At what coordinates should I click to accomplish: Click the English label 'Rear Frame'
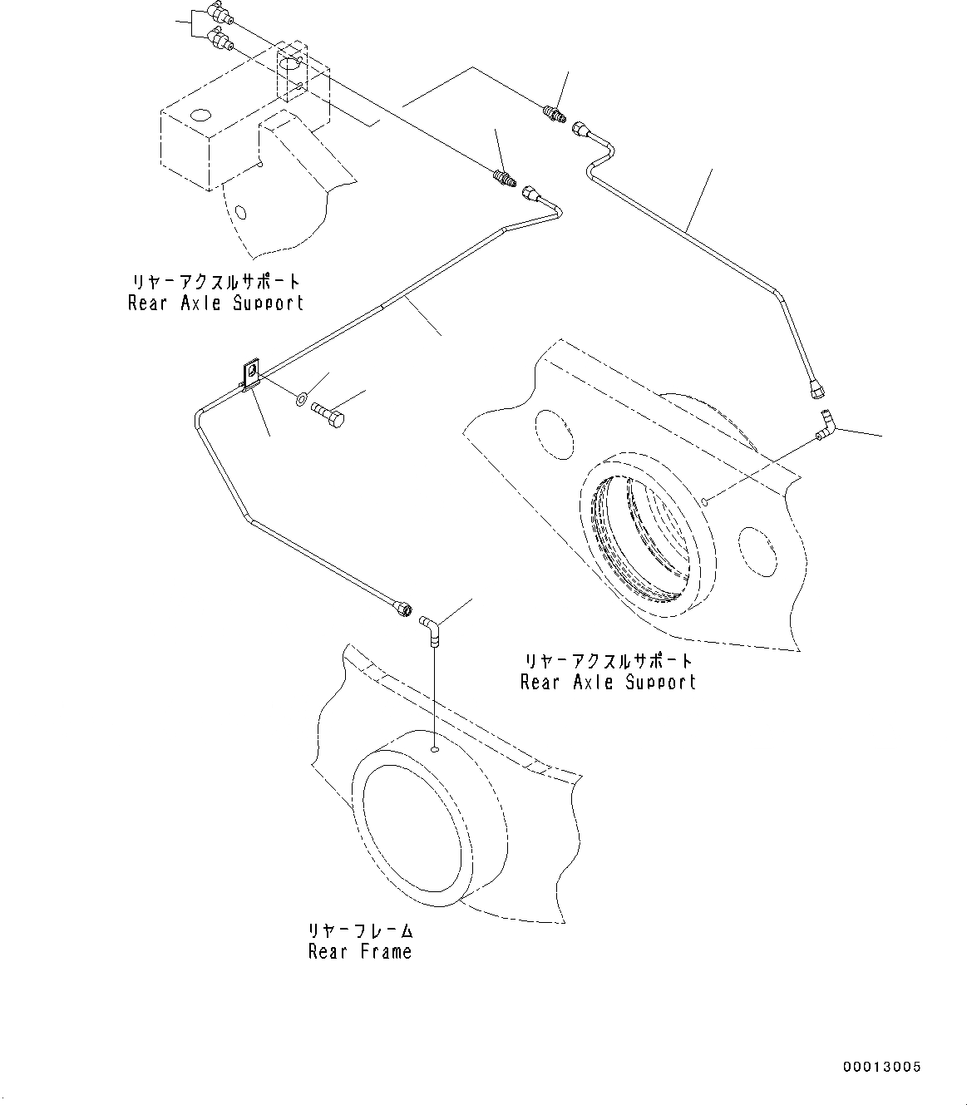360,952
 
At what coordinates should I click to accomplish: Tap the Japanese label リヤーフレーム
360,931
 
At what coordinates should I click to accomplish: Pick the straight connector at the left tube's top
504,177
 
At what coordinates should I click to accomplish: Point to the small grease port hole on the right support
705,501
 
